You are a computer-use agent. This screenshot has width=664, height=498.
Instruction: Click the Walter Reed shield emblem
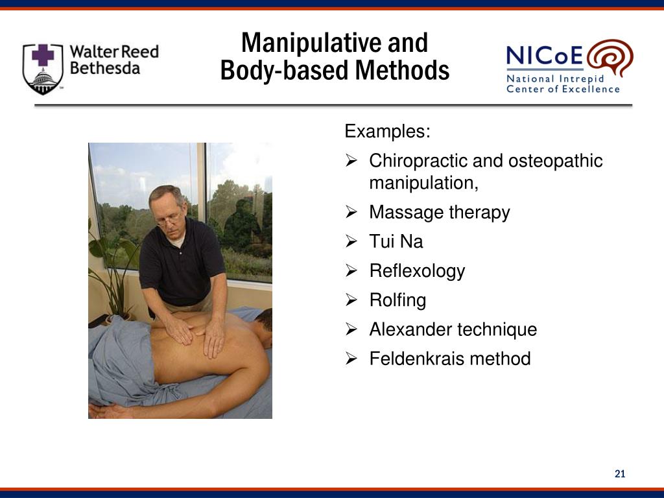pos(43,68)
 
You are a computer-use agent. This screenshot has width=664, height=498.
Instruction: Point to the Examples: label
pos(387,132)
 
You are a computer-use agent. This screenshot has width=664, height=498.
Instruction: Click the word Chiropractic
pos(418,161)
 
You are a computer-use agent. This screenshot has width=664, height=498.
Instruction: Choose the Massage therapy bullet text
pos(439,213)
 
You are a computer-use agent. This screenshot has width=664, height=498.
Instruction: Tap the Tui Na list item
pos(396,242)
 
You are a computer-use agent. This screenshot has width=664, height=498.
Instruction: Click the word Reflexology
pos(417,271)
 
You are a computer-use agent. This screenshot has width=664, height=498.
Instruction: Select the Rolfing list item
pos(397,300)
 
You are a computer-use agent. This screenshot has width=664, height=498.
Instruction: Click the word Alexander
pos(410,329)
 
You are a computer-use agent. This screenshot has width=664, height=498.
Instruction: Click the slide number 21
pos(620,475)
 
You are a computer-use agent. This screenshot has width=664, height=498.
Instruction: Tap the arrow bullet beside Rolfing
pos(351,300)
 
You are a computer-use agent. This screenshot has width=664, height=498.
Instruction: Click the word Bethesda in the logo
pos(104,68)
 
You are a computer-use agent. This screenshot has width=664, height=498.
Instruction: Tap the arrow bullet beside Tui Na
pos(351,242)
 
